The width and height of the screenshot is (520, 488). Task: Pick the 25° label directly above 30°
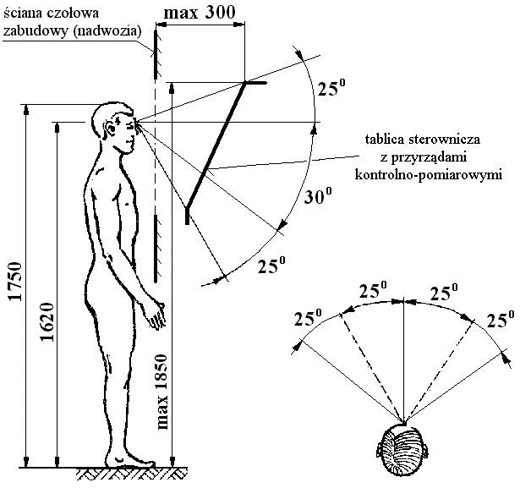[331, 88]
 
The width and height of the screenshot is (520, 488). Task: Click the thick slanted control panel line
[215, 148]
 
